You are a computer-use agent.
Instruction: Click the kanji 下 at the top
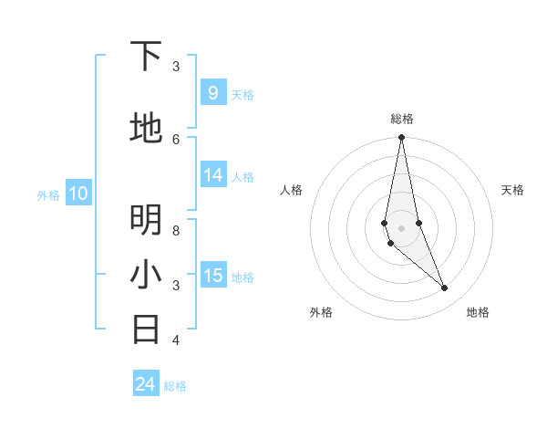tap(146, 57)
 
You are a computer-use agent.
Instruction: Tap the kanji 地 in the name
tap(146, 128)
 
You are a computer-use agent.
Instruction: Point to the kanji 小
tap(146, 274)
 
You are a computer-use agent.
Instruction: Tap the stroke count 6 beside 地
tap(176, 139)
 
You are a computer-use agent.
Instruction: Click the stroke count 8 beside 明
tap(176, 231)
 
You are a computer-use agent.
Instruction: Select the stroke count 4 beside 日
tap(176, 340)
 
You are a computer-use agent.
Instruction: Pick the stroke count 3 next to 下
tap(176, 67)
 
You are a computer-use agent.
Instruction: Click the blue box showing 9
tap(212, 92)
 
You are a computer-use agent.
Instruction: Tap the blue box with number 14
tap(213, 175)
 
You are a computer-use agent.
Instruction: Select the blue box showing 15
tap(213, 276)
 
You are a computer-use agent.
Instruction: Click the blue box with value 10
tap(77, 193)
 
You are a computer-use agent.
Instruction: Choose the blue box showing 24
tap(145, 384)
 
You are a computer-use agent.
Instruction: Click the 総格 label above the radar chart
tap(402, 119)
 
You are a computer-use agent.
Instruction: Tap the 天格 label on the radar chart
tap(512, 190)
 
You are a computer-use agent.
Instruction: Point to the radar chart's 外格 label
tap(321, 312)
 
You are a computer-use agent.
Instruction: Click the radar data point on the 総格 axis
tap(401, 138)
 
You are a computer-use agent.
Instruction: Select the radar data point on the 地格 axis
tap(445, 288)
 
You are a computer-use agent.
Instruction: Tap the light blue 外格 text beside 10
tap(48, 194)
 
